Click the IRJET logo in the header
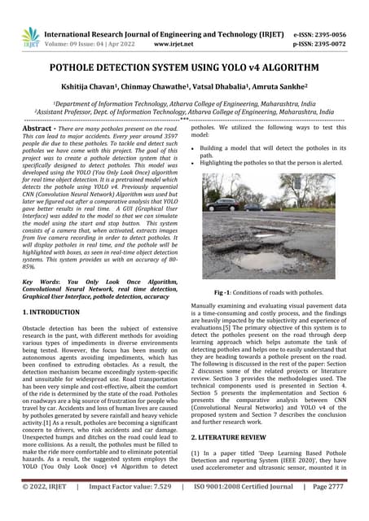[x=31, y=37]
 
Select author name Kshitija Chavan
[x=105, y=90]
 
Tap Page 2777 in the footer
[x=328, y=510]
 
